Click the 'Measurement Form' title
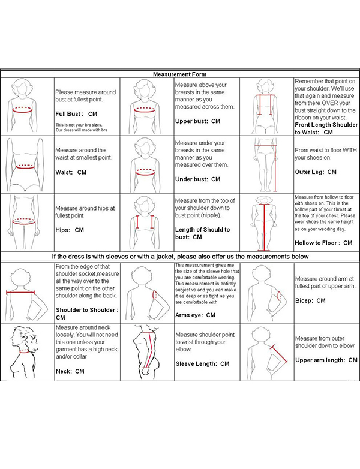coord(179,74)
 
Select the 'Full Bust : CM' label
coord(76,113)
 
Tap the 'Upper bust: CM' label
coord(197,121)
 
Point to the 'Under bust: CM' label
coord(197,179)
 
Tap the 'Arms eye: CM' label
coord(195,315)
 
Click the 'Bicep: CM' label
coord(311,300)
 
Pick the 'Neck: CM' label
coord(70,371)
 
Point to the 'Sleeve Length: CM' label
coord(202,363)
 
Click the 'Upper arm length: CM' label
coord(326,360)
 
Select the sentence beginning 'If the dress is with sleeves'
coord(179,257)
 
